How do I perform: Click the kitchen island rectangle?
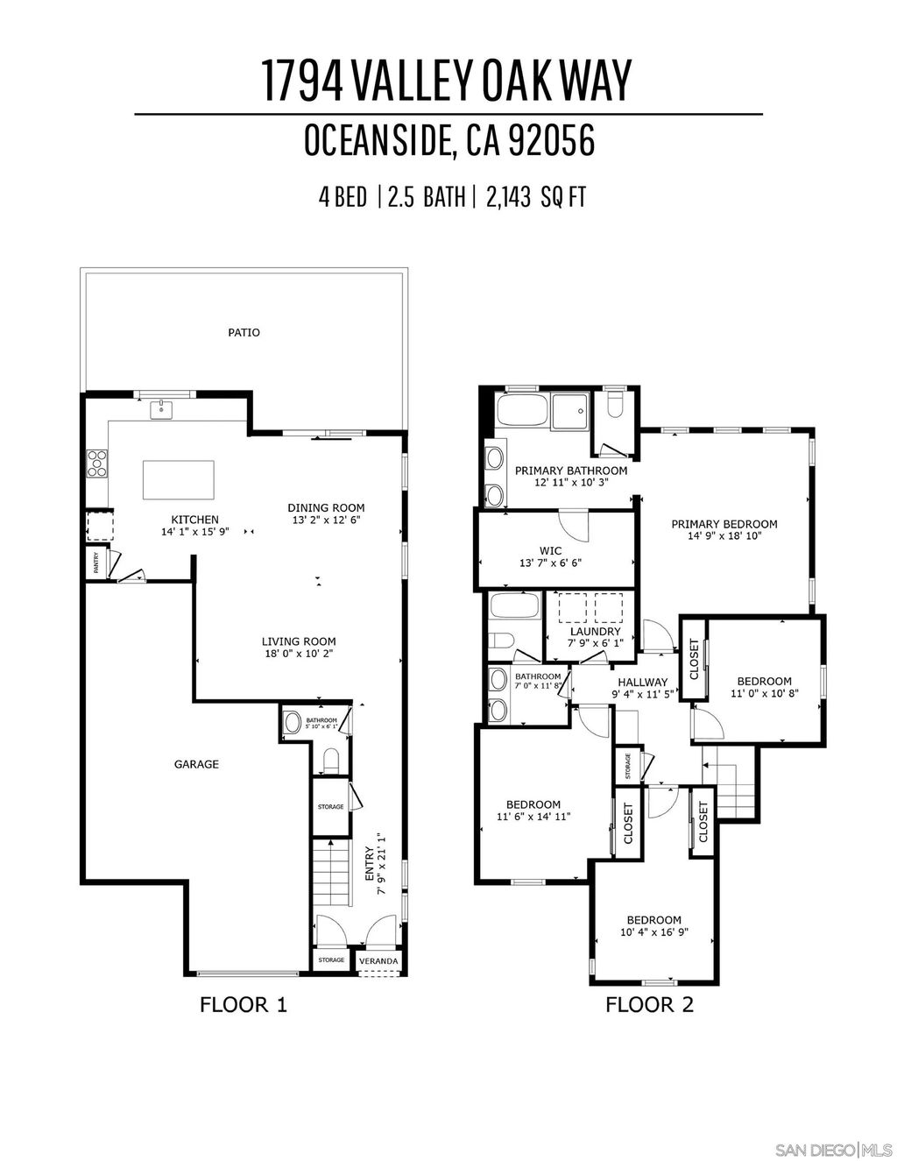click(178, 479)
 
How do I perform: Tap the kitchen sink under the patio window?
click(162, 409)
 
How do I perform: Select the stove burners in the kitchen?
click(95, 463)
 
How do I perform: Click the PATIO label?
click(244, 333)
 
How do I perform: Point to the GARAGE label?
click(196, 764)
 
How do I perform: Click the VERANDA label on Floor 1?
click(379, 961)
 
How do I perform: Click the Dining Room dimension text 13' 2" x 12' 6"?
click(326, 520)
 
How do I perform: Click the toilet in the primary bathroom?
click(613, 405)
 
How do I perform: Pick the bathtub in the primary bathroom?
click(522, 410)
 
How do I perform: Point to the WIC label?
click(550, 551)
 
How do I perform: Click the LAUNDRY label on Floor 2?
click(595, 631)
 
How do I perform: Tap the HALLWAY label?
click(642, 683)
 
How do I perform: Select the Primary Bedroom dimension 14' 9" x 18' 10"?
click(724, 536)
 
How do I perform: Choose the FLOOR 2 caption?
click(649, 1004)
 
